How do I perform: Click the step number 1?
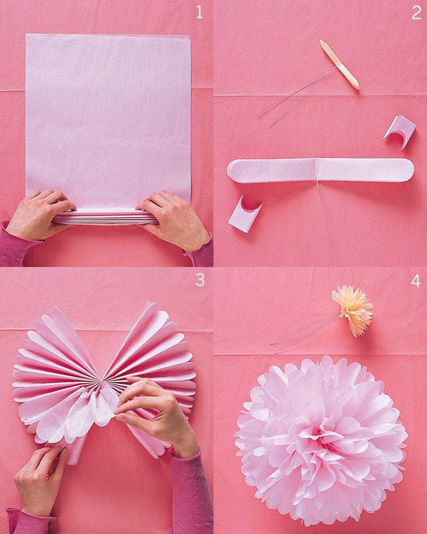pos(199,12)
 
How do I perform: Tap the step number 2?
pos(416,12)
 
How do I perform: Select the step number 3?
pos(199,280)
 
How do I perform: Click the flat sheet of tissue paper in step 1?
pos(108,116)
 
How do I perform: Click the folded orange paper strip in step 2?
pos(340,64)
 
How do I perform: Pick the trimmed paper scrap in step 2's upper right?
pos(400,130)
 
